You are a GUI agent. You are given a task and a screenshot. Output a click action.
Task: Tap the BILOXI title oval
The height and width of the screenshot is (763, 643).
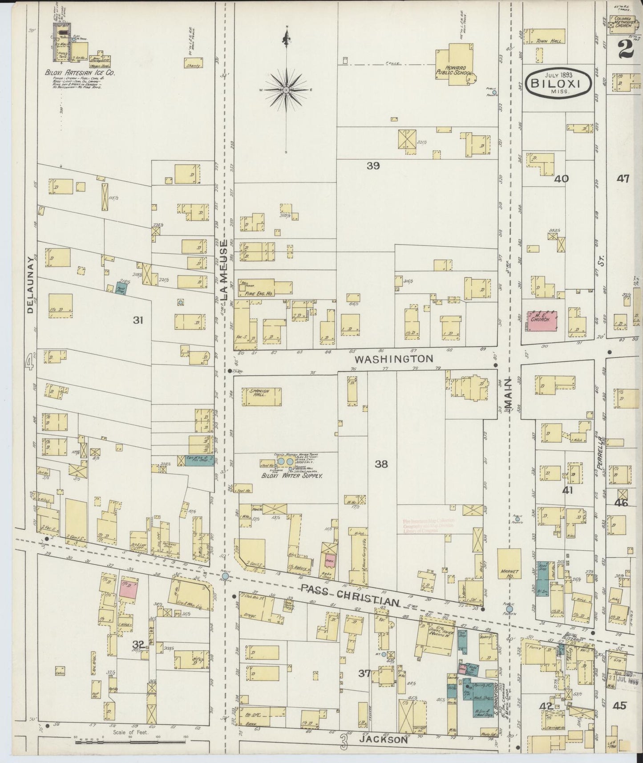click(559, 82)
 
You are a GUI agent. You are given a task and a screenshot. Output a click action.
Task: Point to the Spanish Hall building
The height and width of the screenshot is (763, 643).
click(262, 396)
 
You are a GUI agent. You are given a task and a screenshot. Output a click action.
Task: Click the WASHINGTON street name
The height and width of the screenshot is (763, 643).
click(393, 358)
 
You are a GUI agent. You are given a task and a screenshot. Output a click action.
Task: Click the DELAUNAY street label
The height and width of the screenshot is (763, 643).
click(30, 284)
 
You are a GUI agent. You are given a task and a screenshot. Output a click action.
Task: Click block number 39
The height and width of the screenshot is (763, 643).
click(373, 166)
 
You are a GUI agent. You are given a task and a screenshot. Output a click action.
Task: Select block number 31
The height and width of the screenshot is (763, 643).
click(138, 320)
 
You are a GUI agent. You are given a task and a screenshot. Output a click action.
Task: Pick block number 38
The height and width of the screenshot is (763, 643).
click(381, 464)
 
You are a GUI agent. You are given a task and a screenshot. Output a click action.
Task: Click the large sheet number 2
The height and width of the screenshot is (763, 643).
click(626, 48)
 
